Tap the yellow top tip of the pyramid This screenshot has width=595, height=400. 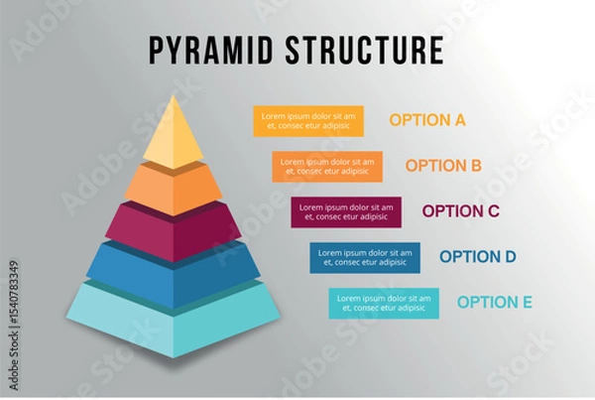click(174, 137)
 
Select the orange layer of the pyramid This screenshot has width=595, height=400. click(174, 186)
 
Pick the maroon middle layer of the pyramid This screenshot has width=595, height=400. click(174, 230)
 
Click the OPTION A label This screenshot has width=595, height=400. click(427, 121)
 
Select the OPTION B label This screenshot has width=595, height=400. click(443, 166)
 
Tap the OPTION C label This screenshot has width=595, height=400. click(460, 211)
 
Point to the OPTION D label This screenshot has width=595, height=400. click(478, 257)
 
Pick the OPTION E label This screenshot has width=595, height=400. click(495, 303)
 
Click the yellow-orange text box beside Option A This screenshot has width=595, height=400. click(307, 121)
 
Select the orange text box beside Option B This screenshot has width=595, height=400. click(326, 166)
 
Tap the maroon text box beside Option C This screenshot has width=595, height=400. click(346, 211)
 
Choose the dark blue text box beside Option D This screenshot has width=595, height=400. click(364, 257)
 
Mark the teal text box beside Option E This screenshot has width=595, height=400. click(384, 303)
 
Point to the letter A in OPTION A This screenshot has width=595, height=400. click(459, 121)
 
